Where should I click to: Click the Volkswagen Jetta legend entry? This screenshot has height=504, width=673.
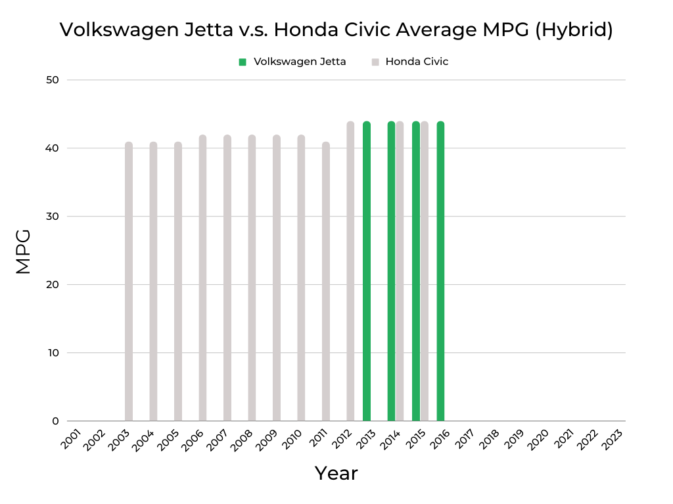pyautogui.click(x=299, y=62)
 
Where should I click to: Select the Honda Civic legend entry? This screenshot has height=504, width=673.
pyautogui.click(x=417, y=62)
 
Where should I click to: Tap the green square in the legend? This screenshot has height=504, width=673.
pyautogui.click(x=243, y=62)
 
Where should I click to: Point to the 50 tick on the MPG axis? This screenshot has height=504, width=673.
pyautogui.click(x=52, y=80)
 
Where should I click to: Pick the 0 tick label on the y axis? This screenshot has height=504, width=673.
pyautogui.click(x=55, y=421)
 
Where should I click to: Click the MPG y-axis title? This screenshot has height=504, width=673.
pyautogui.click(x=24, y=251)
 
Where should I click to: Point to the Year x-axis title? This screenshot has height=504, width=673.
pyautogui.click(x=336, y=472)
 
